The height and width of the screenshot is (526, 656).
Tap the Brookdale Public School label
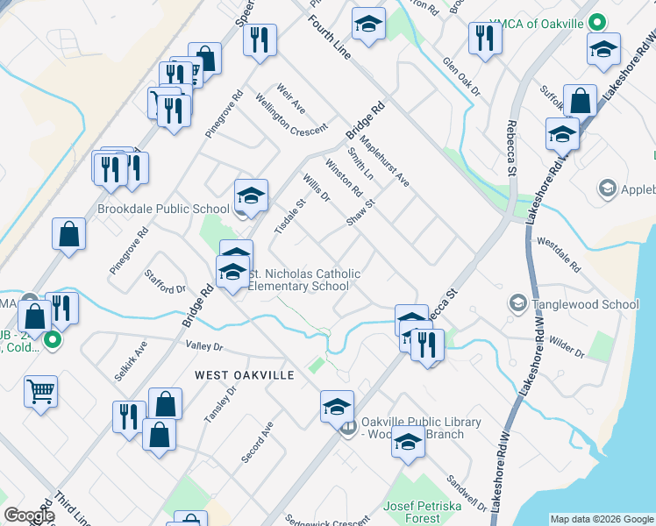pyautogui.click(x=163, y=210)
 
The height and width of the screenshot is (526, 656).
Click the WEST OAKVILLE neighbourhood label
pyautogui.click(x=244, y=374)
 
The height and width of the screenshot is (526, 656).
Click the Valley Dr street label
pyautogui.click(x=204, y=348)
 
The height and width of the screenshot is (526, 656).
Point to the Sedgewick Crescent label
pyautogui.click(x=327, y=520)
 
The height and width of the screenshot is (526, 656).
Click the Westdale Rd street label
pyautogui.click(x=559, y=253)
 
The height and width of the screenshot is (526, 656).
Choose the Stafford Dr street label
pyautogui.click(x=166, y=281)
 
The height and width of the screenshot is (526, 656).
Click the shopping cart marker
pyautogui.click(x=40, y=392)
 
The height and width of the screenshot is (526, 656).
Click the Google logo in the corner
pyautogui.click(x=29, y=515)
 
